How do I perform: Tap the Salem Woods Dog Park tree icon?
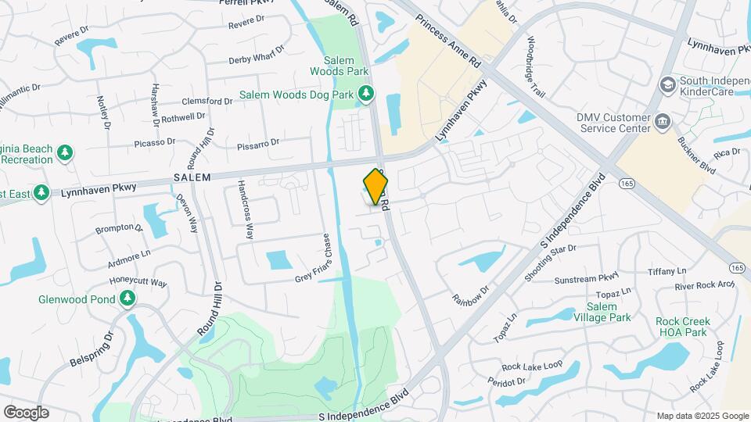click(x=365, y=95)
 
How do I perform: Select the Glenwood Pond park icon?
click(x=126, y=299)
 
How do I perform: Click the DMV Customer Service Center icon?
click(x=662, y=122)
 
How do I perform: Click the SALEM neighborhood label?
click(x=192, y=177)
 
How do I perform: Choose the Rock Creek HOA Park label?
click(x=682, y=327)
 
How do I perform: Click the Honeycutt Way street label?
click(x=138, y=282)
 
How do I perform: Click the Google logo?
click(x=26, y=413)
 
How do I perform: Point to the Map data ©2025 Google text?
click(x=702, y=416)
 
